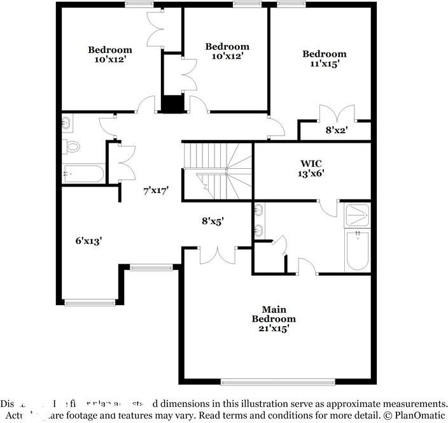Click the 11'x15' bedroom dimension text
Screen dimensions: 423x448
point(324,64)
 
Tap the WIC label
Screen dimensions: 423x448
point(311,164)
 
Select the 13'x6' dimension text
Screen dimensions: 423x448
point(312,174)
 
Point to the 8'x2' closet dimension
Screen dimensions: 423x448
point(337,129)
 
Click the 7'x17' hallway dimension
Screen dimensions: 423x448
point(155,190)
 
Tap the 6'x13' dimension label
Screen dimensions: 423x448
point(89,240)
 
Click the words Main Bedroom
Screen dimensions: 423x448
point(274,314)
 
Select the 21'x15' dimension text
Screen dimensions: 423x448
point(274,329)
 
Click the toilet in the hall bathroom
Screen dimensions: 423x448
point(73,147)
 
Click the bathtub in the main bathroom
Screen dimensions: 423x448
point(357,250)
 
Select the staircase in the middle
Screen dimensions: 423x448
point(217,171)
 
